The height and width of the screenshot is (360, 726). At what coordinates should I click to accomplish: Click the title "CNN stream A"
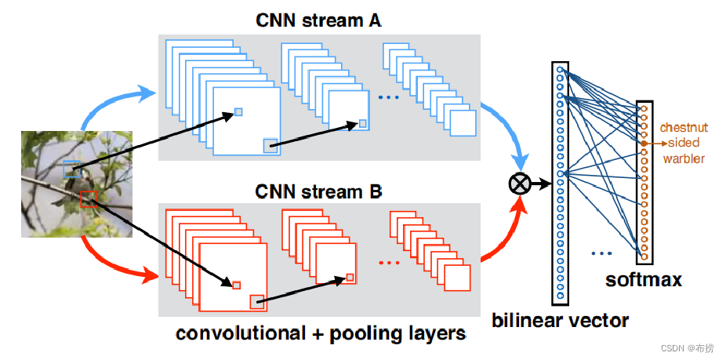[x=318, y=21]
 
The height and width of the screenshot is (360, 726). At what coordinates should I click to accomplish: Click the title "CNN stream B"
[x=318, y=191]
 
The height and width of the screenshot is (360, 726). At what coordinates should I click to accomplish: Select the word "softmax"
[x=643, y=279]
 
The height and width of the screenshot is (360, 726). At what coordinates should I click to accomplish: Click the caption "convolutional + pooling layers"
[x=321, y=333]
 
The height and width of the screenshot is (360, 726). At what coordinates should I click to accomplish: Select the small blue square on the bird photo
[x=71, y=166]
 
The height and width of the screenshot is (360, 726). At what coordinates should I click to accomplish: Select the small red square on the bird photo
[x=88, y=198]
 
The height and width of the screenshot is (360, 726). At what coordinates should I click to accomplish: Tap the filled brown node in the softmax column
[x=644, y=144]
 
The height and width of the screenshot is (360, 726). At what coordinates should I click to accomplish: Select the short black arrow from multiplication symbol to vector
[x=540, y=184]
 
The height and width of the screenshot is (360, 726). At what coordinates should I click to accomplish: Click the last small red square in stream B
[x=350, y=277]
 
